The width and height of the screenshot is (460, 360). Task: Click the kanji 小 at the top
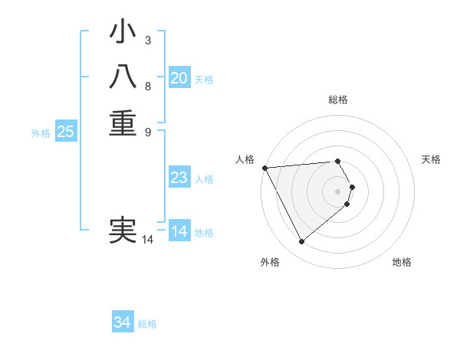123,34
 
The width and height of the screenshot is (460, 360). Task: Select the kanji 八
123,78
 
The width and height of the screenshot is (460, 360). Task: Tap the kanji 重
123,123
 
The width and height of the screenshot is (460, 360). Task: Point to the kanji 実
123,231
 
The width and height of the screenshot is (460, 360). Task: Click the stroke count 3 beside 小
148,40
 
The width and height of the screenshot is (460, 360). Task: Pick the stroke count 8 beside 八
148,86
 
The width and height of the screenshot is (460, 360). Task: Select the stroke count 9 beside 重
148,131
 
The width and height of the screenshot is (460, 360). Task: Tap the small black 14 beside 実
148,240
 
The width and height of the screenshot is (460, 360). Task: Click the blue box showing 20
179,78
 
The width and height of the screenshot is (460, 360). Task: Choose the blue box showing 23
179,178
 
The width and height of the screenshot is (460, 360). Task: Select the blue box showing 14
179,231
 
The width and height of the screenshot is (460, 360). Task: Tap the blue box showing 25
66,132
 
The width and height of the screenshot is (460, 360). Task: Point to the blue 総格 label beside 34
147,324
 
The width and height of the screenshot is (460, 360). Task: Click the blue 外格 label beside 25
41,133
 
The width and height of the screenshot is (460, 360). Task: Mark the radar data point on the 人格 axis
264,168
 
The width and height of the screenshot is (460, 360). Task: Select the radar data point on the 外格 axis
301,242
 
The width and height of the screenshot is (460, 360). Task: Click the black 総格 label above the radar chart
338,100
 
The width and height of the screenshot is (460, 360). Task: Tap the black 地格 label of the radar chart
402,262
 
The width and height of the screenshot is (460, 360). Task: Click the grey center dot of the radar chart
338,190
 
